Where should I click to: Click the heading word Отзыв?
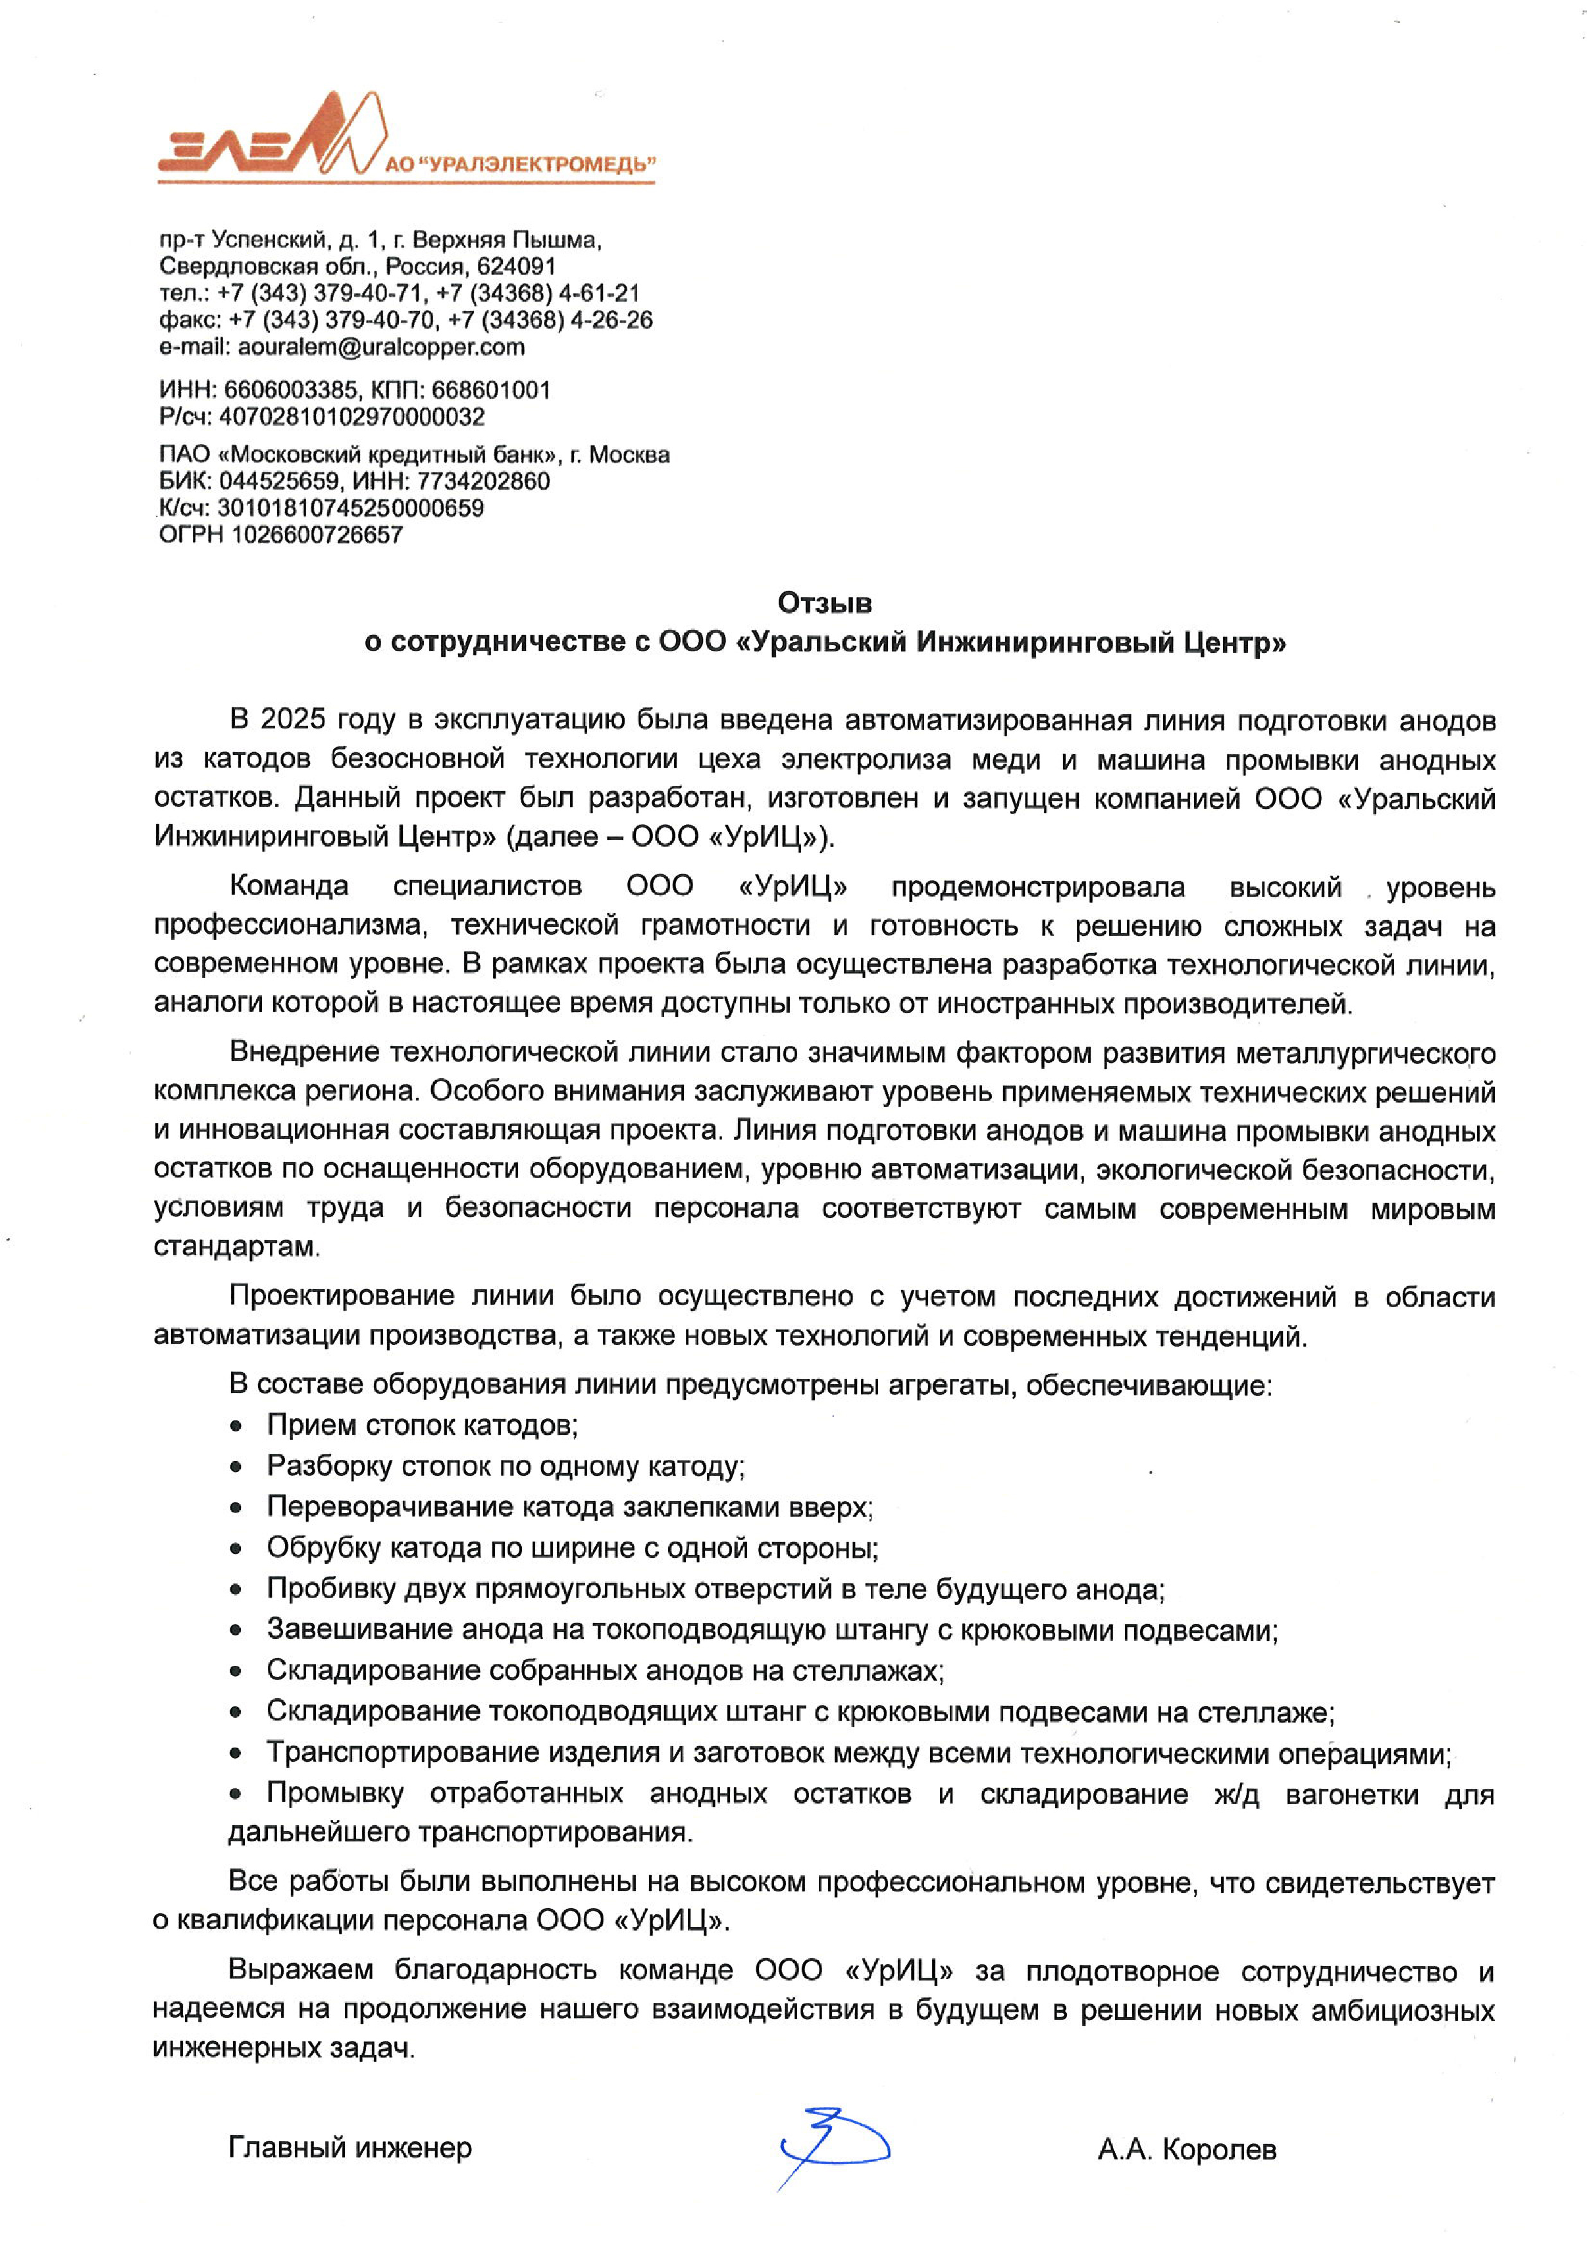point(824,603)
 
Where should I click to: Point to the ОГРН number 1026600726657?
point(317,535)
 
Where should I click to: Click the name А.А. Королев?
point(1186,2150)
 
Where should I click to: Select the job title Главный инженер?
point(350,2148)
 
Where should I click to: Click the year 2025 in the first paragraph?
point(292,720)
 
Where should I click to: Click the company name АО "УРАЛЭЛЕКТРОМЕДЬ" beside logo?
point(520,164)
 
